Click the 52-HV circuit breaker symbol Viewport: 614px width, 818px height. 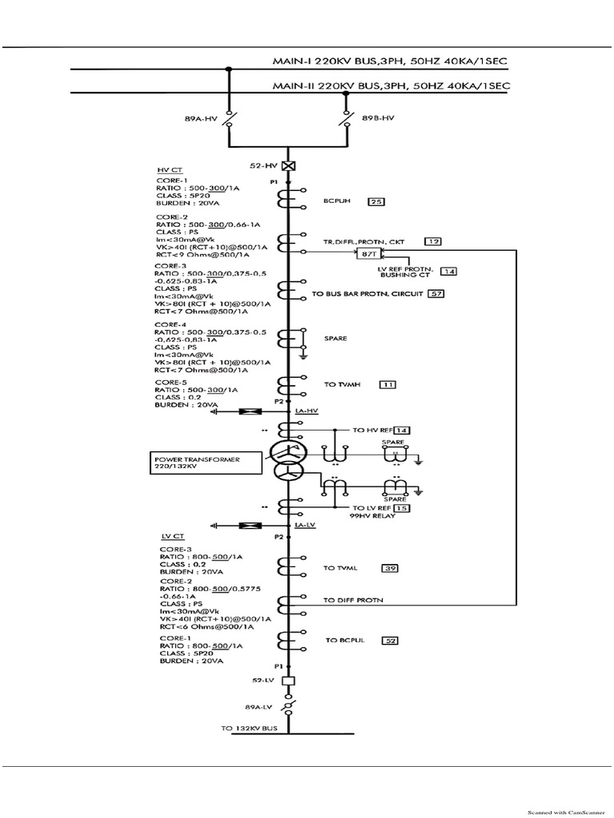pos(289,165)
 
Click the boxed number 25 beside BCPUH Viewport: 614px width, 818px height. pos(376,202)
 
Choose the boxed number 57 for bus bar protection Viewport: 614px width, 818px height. pos(436,294)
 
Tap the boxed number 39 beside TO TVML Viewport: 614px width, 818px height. pos(390,568)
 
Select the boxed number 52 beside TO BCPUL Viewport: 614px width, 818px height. pos(392,641)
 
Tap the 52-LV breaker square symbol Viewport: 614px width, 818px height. pos(289,681)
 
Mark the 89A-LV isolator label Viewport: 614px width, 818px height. pos(258,707)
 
